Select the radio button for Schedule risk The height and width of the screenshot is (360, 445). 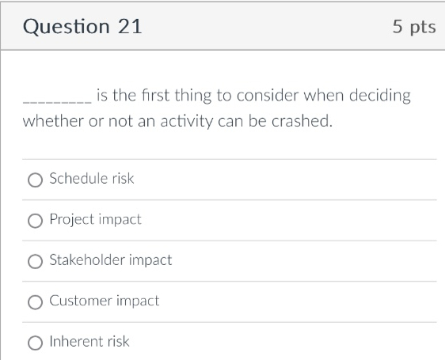[x=35, y=180]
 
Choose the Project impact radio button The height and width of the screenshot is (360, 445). [x=35, y=220]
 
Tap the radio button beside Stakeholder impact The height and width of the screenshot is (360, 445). [x=35, y=261]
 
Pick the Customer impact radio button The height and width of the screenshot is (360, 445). [x=35, y=301]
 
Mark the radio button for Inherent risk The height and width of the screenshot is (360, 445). [x=35, y=343]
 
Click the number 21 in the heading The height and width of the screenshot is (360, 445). [x=130, y=26]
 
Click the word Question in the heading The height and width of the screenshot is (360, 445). [x=67, y=27]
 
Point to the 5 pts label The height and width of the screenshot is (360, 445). [x=413, y=27]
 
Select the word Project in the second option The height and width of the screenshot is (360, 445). [x=72, y=219]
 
